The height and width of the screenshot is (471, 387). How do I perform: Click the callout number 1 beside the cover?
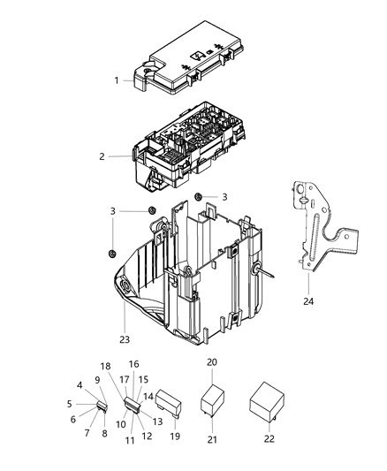click(116, 80)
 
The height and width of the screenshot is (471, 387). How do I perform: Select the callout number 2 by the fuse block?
click(102, 156)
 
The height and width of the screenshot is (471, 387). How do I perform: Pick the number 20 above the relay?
click(212, 363)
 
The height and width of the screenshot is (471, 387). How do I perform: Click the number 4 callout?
click(80, 385)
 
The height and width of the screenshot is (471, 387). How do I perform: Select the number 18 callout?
click(105, 366)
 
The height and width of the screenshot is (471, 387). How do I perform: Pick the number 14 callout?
click(149, 397)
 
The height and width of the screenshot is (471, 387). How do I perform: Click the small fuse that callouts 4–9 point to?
click(101, 407)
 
